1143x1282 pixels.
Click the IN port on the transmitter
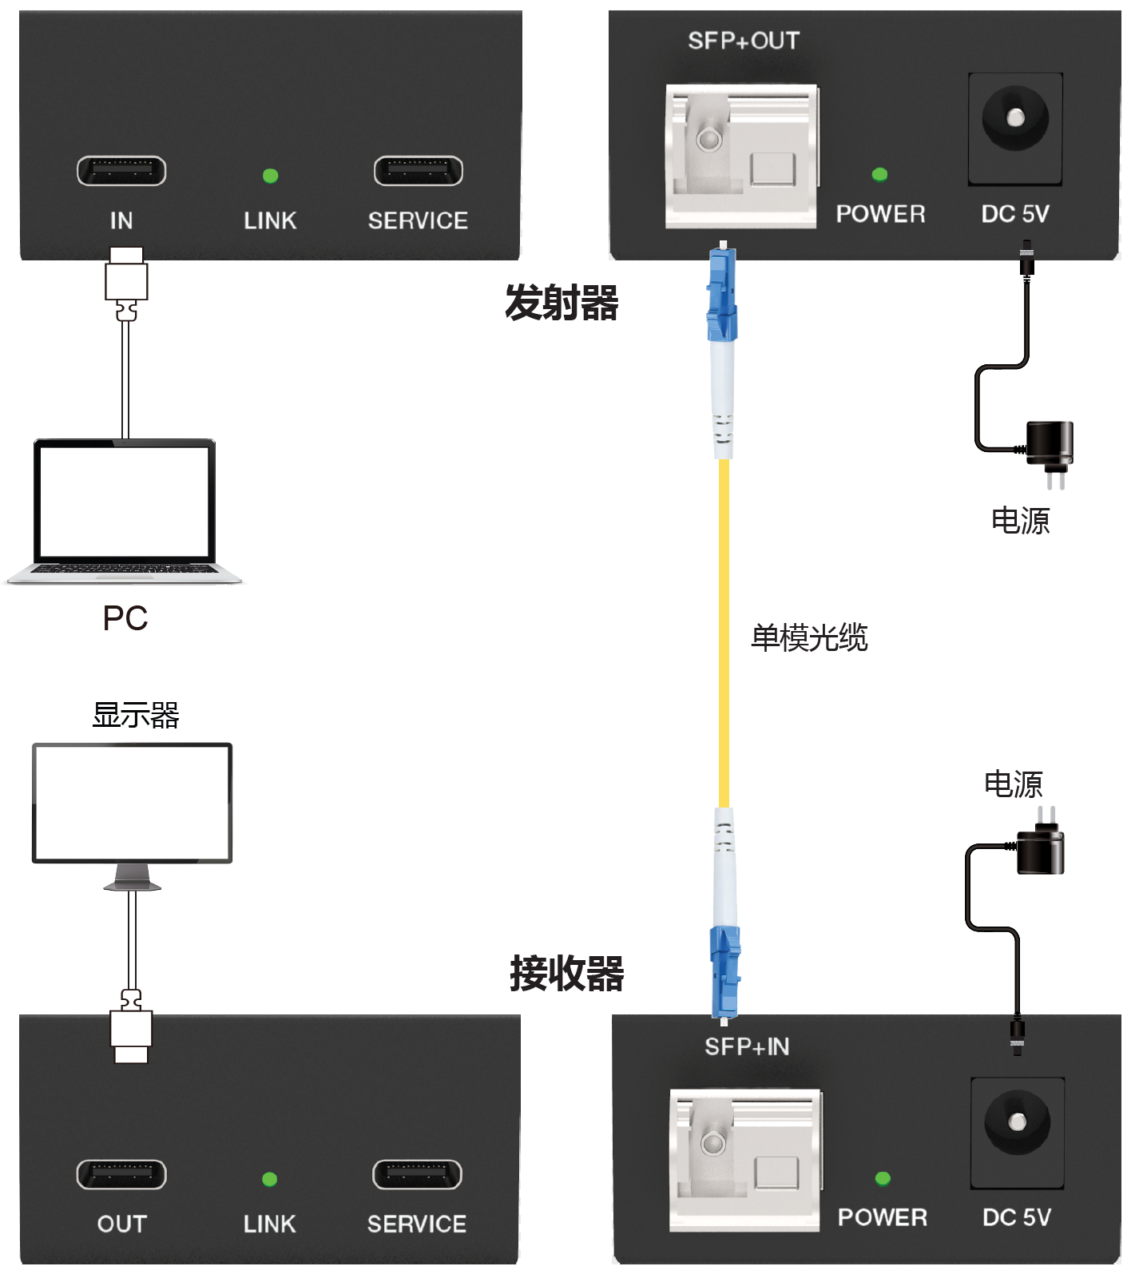coord(121,171)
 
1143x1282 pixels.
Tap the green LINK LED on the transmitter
coord(271,176)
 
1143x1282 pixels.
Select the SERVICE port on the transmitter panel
coord(419,171)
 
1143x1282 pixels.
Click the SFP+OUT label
coord(744,41)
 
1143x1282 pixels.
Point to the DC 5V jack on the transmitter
coord(1015,119)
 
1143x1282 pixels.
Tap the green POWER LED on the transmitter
coord(880,175)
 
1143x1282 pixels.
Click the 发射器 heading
coord(562,304)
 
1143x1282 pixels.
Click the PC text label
coord(125,618)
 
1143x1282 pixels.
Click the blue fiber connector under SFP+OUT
coord(721,296)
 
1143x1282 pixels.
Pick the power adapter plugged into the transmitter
coord(1050,447)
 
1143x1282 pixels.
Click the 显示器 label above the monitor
coord(136,715)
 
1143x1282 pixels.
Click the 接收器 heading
coord(567,974)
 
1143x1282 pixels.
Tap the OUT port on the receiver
coord(121,1174)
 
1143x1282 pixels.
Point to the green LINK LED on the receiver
coord(270,1179)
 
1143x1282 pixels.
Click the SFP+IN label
coord(747,1046)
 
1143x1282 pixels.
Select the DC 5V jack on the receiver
coord(1018,1122)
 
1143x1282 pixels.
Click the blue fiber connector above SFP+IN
coord(724,970)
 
